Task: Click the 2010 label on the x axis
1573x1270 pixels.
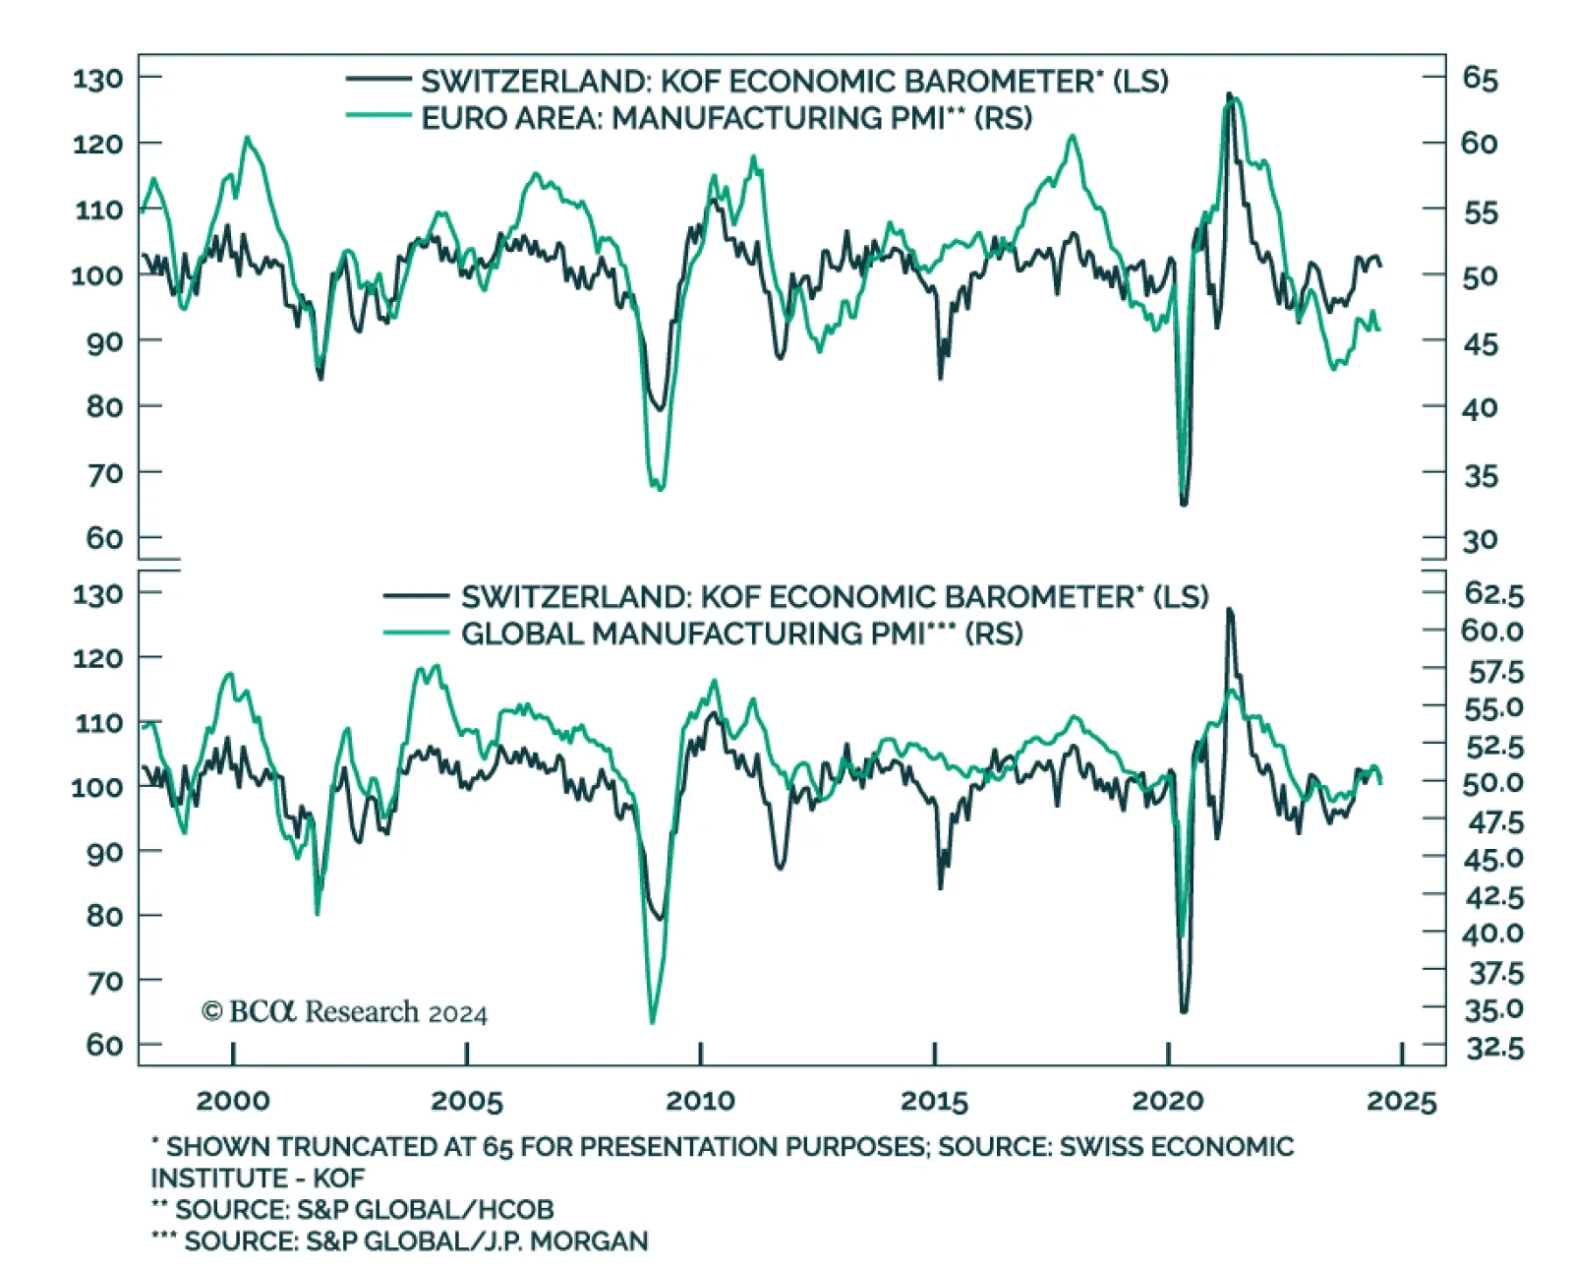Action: coord(700,1100)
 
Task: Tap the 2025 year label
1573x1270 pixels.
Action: coord(1401,1101)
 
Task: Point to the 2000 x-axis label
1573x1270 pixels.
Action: coord(233,1100)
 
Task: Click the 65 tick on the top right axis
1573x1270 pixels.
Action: coord(1480,78)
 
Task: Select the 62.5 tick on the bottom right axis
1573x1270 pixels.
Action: coord(1493,594)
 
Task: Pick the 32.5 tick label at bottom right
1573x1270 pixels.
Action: coord(1494,1049)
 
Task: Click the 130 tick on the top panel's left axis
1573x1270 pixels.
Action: coord(98,78)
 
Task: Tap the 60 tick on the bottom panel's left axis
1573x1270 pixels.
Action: coord(104,1045)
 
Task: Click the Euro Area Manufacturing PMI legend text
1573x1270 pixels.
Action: coord(727,118)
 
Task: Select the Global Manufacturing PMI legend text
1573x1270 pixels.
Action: coord(741,634)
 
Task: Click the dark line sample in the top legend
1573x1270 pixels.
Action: coord(379,79)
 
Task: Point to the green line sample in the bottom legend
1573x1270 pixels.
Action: coord(416,633)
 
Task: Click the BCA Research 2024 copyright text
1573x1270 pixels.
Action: coord(344,1012)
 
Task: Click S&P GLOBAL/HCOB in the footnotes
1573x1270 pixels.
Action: coord(426,1209)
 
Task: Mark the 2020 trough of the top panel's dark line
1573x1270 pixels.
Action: coord(1184,504)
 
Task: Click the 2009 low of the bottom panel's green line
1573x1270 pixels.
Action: coord(652,1022)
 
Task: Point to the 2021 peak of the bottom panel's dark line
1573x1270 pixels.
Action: coord(1229,611)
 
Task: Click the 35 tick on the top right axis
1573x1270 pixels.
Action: coord(1480,476)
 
